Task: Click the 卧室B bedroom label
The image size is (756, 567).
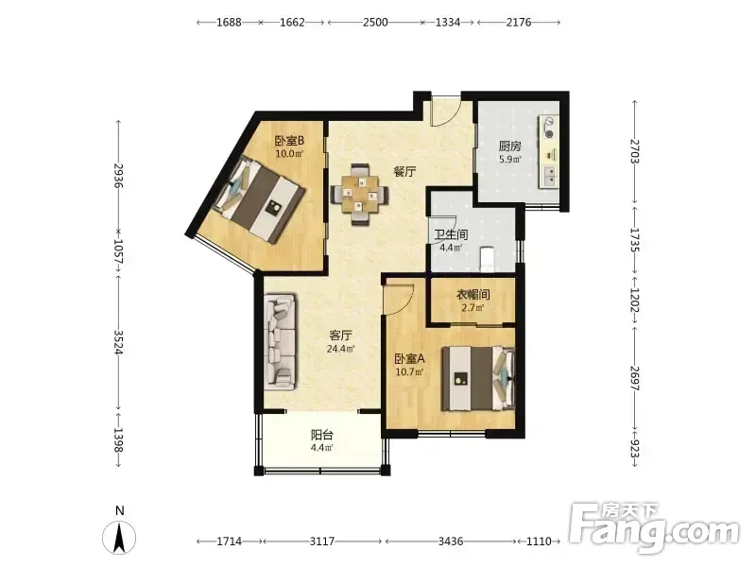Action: [289, 141]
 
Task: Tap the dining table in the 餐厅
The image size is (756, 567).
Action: [359, 195]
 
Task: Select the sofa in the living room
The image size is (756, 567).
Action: [280, 343]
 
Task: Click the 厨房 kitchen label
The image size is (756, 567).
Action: [509, 146]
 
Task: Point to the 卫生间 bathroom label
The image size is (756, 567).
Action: [451, 234]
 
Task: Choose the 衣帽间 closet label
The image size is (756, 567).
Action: [473, 294]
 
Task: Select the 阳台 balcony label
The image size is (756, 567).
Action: [321, 435]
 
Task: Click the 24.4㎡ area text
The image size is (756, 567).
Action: [341, 348]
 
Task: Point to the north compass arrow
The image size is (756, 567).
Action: [119, 537]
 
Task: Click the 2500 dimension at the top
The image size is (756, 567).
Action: [375, 22]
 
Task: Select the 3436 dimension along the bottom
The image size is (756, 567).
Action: [451, 541]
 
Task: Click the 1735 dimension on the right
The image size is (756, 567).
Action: [635, 240]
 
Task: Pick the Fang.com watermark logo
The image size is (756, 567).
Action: [654, 528]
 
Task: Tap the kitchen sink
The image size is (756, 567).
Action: [549, 176]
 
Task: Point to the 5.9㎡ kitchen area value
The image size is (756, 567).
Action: [509, 159]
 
